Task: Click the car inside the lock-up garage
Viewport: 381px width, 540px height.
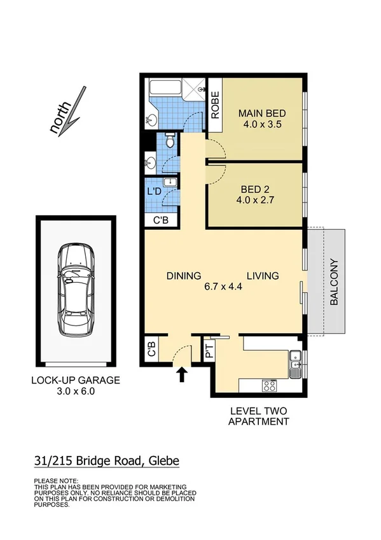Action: (x=76, y=290)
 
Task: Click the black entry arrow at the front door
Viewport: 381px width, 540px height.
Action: (x=183, y=374)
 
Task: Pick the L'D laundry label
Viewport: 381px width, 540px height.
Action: (x=153, y=191)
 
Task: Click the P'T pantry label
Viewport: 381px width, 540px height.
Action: (x=209, y=350)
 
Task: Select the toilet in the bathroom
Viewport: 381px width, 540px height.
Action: (x=170, y=141)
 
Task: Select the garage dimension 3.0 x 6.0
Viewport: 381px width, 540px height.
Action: (x=75, y=392)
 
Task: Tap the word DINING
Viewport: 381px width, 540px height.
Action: (x=184, y=276)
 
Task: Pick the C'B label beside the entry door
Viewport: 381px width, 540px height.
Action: (x=151, y=350)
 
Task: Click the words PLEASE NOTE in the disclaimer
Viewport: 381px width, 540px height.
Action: (x=55, y=481)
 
